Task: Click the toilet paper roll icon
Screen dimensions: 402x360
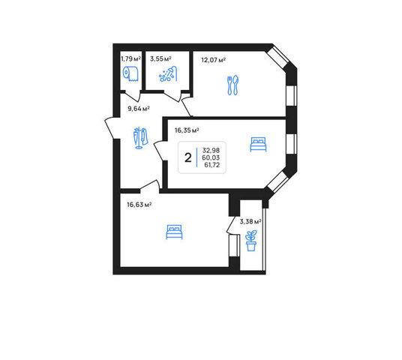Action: (x=130, y=73)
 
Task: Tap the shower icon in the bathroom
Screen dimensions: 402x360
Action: (x=168, y=73)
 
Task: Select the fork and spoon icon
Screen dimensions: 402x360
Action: (x=232, y=85)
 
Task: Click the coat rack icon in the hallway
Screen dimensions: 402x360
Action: (x=140, y=138)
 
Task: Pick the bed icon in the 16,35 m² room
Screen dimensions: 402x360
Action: (x=258, y=144)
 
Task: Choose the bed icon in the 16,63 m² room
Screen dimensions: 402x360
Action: (x=174, y=232)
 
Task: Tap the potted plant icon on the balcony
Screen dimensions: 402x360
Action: (x=250, y=241)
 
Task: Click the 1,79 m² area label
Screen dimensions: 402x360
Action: (x=130, y=59)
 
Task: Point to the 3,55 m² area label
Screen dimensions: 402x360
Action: (x=160, y=59)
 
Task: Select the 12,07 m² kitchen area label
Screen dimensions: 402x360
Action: (x=214, y=60)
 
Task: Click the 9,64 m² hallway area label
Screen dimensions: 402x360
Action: (x=139, y=109)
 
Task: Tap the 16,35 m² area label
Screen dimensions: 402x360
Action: (x=187, y=130)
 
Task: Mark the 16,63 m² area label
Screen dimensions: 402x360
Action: (x=139, y=205)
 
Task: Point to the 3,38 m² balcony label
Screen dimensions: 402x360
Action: (x=250, y=221)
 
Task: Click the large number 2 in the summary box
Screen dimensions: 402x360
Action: (x=188, y=157)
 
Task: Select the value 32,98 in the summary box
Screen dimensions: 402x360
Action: (x=211, y=150)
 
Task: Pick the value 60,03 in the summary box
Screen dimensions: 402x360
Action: (x=211, y=157)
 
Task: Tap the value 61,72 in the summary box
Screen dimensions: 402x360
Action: (x=212, y=165)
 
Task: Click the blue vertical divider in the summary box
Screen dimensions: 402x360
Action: (x=197, y=157)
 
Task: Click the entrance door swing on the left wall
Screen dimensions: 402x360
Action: (x=109, y=127)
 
